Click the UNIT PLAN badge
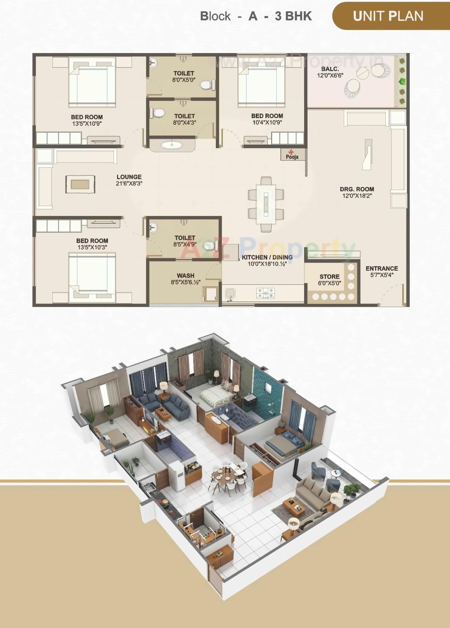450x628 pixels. click(388, 16)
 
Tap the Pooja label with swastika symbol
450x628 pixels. click(292, 154)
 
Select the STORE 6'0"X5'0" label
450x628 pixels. click(329, 280)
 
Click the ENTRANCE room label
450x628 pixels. click(381, 271)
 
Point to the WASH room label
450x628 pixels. click(185, 279)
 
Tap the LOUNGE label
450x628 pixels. click(129, 180)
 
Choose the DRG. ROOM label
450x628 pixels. click(357, 192)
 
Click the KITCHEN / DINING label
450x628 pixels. click(267, 260)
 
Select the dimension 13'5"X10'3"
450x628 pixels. click(92, 247)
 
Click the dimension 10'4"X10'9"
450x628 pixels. click(267, 122)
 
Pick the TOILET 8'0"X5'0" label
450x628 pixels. click(184, 76)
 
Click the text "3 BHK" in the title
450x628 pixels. click(293, 16)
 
